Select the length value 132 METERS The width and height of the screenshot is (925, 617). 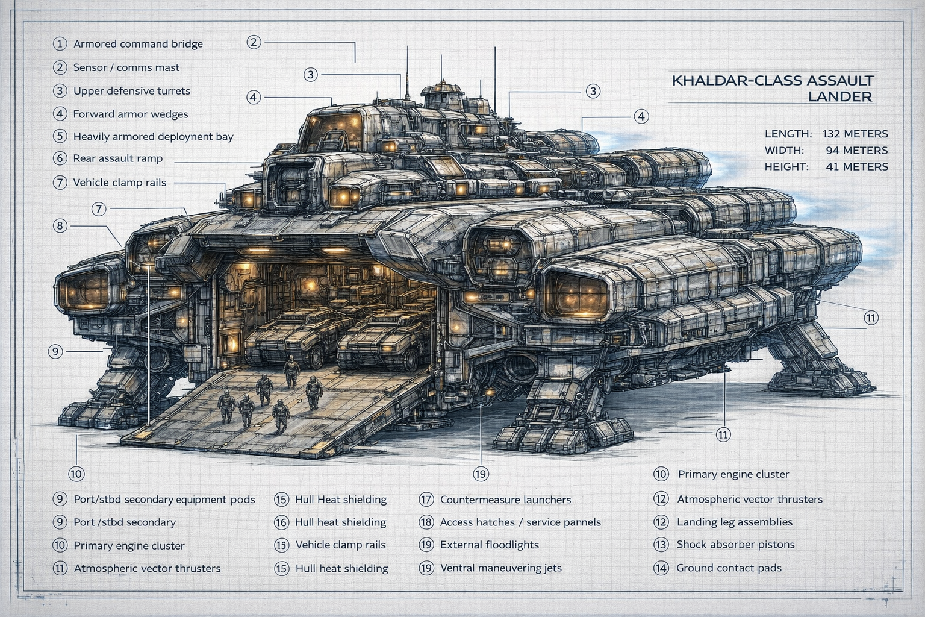855,134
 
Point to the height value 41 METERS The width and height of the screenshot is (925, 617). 856,166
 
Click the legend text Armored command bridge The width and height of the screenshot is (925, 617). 138,44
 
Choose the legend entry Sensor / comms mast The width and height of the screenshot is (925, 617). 126,67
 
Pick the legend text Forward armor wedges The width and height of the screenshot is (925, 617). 130,114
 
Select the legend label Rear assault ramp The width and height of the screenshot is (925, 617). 117,158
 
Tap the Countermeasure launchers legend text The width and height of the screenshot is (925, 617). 505,500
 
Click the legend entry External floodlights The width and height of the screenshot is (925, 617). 489,545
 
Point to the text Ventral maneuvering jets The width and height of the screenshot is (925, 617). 500,568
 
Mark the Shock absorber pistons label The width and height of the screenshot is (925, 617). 735,545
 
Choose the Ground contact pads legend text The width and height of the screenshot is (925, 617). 729,568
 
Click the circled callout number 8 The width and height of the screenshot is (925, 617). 60,226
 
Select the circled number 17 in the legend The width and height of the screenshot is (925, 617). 426,500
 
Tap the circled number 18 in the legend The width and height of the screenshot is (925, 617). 426,522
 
